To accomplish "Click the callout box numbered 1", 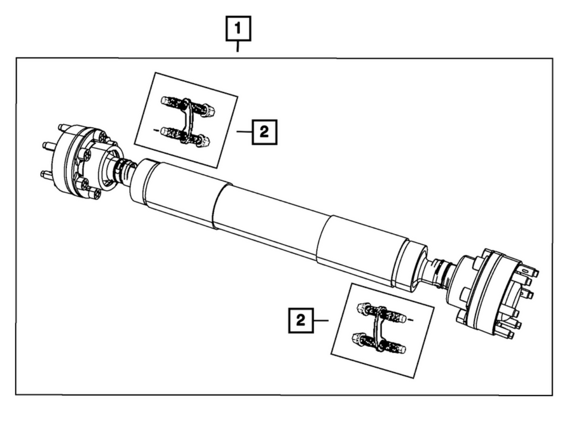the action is tap(238, 29).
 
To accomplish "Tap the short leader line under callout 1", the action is tap(237, 47).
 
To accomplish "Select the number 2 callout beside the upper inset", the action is tap(265, 132).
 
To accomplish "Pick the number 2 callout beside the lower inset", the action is tap(301, 321).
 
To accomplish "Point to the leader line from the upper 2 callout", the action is tap(244, 132).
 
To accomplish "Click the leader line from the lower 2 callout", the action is tap(321, 321).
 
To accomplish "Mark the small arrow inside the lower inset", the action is tap(411, 320).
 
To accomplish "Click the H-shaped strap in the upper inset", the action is tap(188, 120).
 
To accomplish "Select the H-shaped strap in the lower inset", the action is tap(379, 329).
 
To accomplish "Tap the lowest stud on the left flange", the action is tap(46, 174).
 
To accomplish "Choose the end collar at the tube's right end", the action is tap(409, 265).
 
